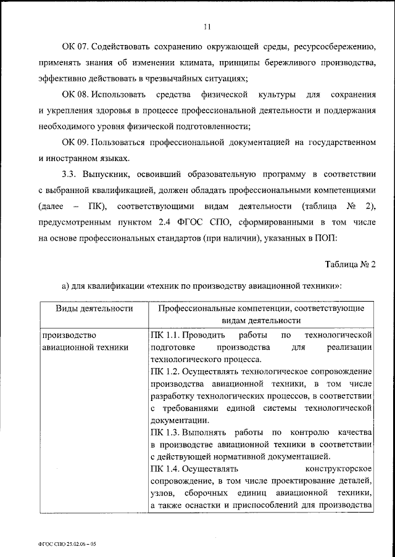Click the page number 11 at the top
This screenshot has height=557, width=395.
tap(207, 25)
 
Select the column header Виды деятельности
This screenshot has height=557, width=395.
tap(94, 308)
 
